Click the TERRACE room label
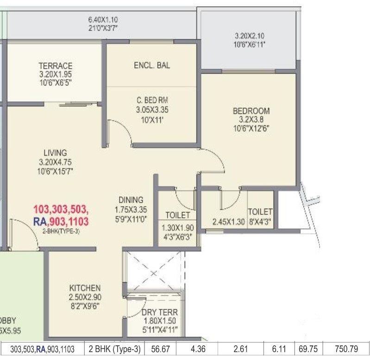(x=55, y=66)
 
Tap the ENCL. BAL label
(x=151, y=65)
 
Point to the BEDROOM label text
(x=251, y=111)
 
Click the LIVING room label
(x=55, y=153)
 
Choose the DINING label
(x=131, y=200)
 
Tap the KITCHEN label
(x=85, y=287)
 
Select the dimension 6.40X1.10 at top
(x=103, y=20)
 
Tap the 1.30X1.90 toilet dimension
(x=177, y=228)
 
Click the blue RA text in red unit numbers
(x=40, y=222)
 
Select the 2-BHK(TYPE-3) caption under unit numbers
(x=61, y=231)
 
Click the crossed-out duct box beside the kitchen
(x=155, y=272)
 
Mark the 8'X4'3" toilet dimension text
(x=260, y=222)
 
